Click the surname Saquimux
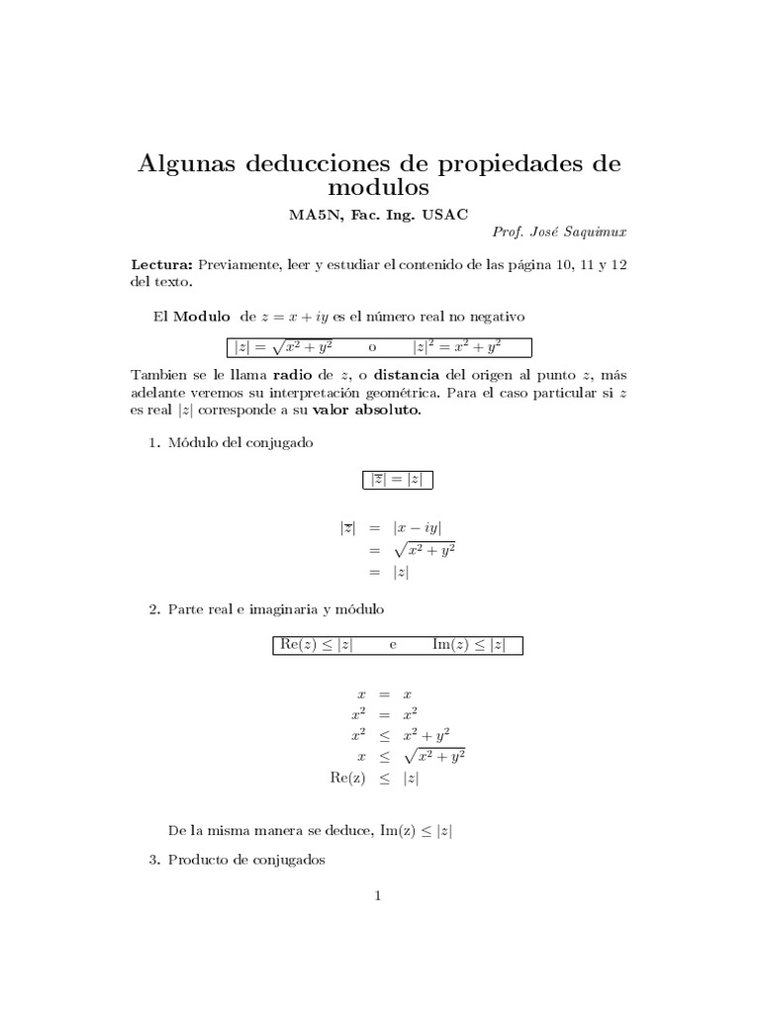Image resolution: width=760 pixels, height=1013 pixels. click(x=590, y=231)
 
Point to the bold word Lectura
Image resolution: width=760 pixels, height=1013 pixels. click(x=163, y=265)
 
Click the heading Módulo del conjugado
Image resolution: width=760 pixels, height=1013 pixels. click(x=240, y=443)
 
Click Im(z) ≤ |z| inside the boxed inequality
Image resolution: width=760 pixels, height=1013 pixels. click(x=469, y=645)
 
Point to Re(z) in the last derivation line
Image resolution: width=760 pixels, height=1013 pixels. click(x=347, y=779)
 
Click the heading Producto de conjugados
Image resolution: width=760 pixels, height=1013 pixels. click(x=247, y=860)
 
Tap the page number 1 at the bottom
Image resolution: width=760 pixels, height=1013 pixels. click(x=377, y=896)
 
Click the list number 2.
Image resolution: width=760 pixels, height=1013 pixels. click(x=153, y=609)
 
